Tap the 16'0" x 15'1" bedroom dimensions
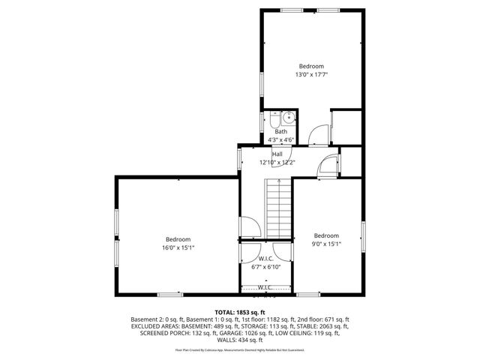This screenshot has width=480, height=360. coord(178,247)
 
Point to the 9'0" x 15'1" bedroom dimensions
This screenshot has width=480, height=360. coord(326,243)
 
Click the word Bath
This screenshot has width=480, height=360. coord(280,131)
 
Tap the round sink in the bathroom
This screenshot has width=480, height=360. coord(289,118)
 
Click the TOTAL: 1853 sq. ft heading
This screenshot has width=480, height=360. coord(240,312)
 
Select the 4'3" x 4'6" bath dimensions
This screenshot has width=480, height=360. coord(281,139)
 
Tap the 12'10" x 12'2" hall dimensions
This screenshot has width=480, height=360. coord(277,162)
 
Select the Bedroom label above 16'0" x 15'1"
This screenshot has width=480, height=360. coord(178,239)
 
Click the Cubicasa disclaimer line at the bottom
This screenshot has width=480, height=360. coord(240,349)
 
